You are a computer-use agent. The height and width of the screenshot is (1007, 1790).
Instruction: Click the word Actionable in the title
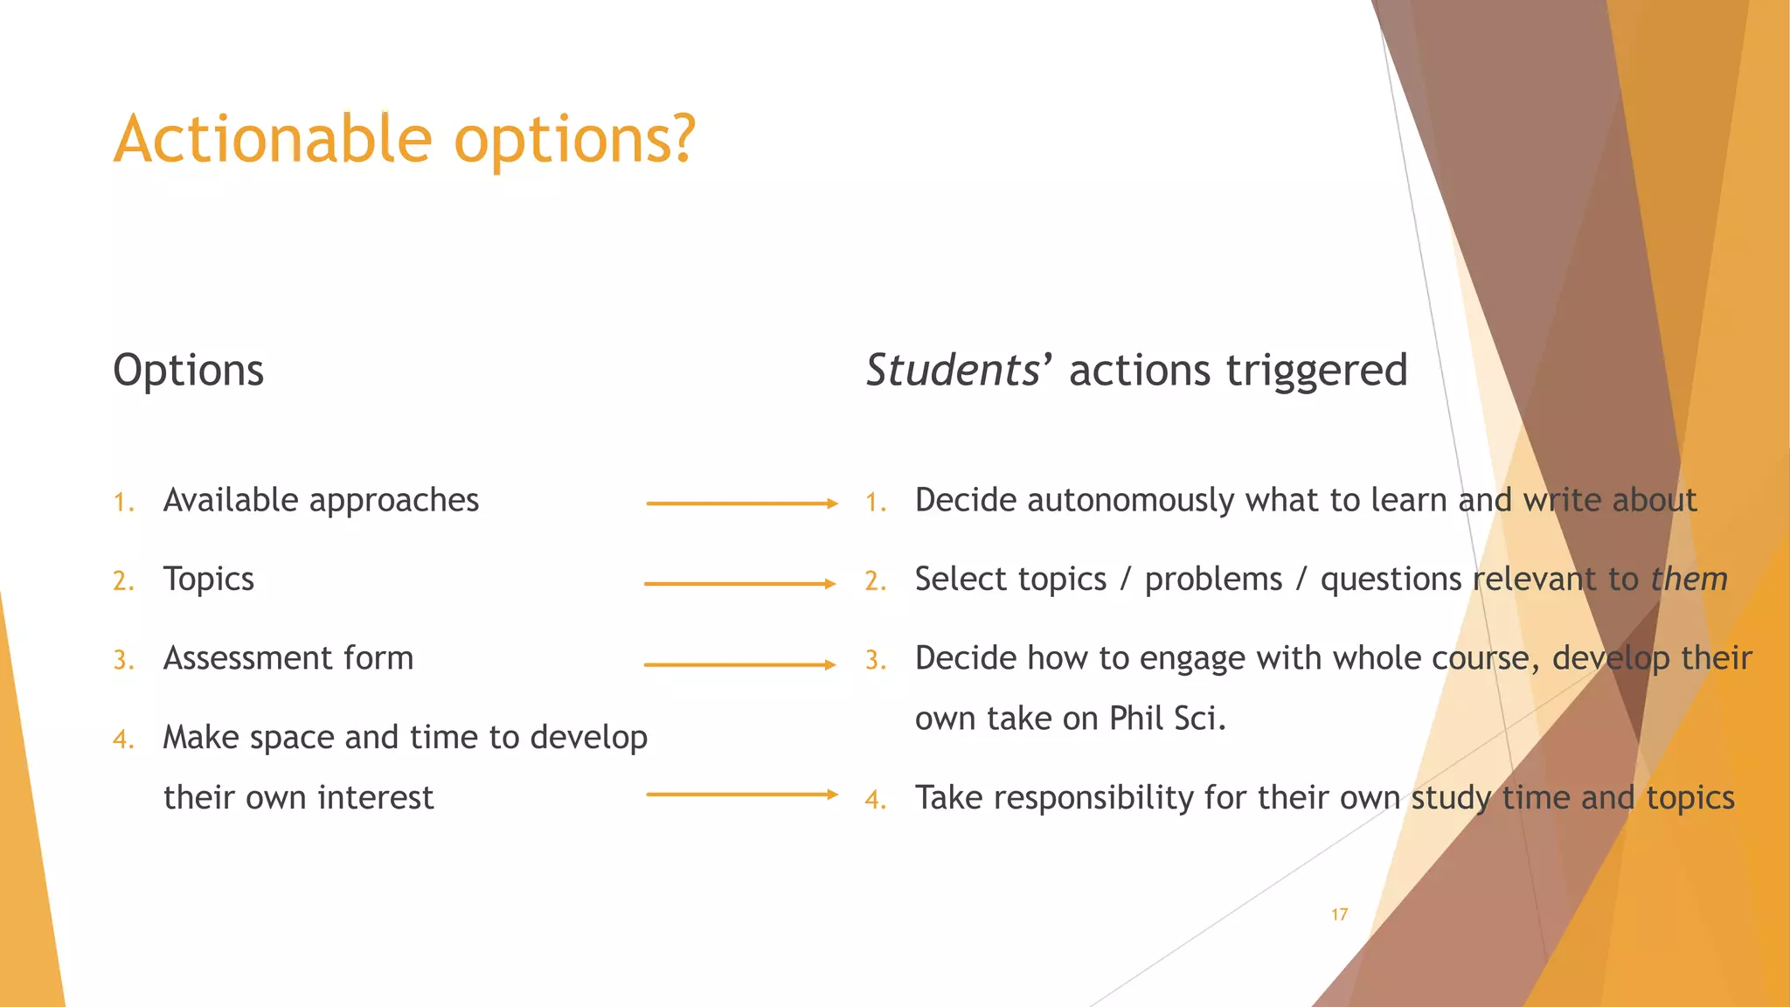point(273,140)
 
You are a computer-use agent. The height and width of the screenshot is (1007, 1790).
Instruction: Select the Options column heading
point(188,371)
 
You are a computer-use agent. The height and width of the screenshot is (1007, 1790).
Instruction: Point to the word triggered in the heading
point(1316,371)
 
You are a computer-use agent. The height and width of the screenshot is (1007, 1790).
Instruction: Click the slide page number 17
point(1339,914)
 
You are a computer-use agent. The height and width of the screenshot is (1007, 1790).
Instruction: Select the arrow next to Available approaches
point(741,503)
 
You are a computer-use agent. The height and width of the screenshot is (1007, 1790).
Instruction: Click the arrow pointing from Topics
point(739,583)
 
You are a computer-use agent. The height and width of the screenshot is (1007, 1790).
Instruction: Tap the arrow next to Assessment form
point(739,664)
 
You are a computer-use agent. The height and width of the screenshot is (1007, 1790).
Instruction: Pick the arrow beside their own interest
point(741,795)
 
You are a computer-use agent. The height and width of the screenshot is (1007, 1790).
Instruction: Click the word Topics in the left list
point(208,580)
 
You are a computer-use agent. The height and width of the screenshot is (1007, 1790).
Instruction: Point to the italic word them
point(1689,580)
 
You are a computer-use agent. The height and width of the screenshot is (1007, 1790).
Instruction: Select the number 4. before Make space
point(123,740)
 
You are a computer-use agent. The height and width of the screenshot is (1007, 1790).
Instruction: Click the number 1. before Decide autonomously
point(876,503)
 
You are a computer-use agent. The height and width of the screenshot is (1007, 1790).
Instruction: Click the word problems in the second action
point(1213,580)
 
